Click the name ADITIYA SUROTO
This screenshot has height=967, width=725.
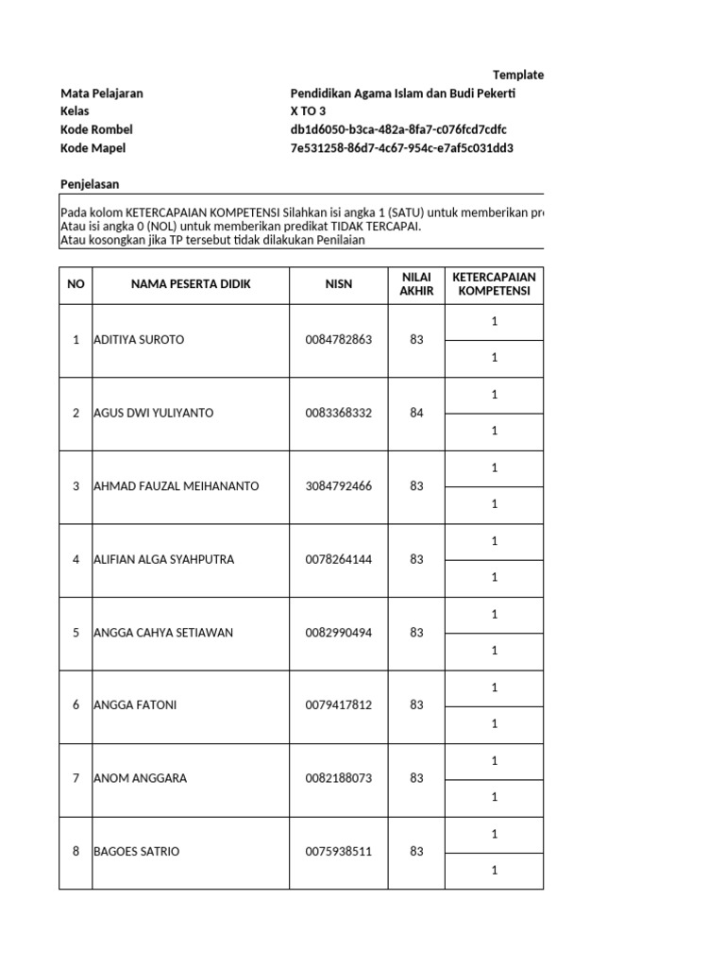coord(139,340)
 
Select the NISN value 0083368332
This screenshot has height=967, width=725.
coord(339,413)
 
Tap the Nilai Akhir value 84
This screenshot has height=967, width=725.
coord(416,413)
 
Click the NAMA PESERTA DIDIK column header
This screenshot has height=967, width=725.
coord(191,284)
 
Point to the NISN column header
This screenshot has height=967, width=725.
coord(339,284)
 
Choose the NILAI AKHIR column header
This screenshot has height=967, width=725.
coord(416,284)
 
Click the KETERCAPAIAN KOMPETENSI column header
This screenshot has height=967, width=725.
coord(494,284)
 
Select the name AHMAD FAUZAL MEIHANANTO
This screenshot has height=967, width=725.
coord(176,486)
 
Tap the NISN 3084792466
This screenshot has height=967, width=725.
coord(339,486)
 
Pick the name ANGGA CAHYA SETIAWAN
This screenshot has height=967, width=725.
coord(163,633)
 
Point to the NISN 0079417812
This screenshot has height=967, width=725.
coord(339,705)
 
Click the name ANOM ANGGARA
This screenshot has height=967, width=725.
coord(140,779)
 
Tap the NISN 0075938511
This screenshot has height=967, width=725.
coord(339,852)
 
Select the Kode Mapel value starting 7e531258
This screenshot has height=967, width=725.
coord(401,148)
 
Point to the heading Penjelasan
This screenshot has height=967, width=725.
coord(90,184)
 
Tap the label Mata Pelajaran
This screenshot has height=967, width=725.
coord(101,93)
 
